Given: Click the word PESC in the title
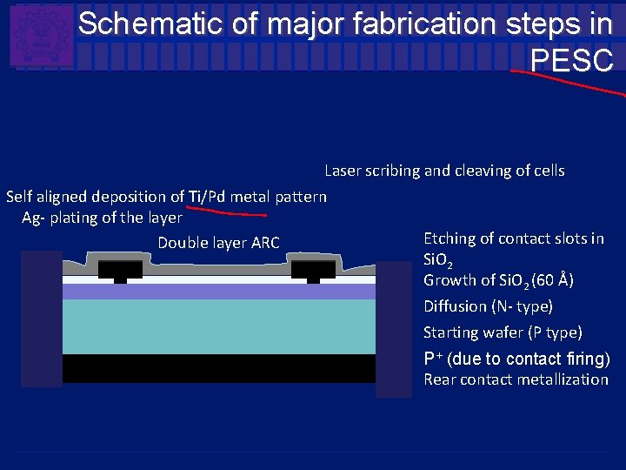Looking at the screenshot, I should click(571, 61).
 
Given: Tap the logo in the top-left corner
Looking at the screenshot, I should click(41, 36).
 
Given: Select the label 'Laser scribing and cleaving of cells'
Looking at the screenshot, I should click(444, 171).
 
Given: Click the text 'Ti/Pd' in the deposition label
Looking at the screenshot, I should click(207, 197).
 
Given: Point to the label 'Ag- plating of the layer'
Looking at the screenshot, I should click(102, 218).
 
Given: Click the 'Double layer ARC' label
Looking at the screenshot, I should click(218, 243).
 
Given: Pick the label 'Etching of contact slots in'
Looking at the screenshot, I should click(513, 238).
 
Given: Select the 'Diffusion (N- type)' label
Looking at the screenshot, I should click(488, 306).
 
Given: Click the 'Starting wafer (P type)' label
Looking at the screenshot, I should click(503, 332).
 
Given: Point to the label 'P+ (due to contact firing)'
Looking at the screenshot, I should click(516, 359).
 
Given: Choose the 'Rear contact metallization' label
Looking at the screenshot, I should click(516, 379).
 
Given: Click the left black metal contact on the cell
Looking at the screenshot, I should click(120, 270).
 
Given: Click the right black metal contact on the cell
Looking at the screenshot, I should click(313, 270).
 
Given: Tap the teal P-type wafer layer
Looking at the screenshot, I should click(218, 326).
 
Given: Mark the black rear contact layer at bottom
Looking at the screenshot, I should click(218, 367).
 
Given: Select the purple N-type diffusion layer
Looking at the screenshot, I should click(218, 292).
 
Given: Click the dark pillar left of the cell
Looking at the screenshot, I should click(41, 318).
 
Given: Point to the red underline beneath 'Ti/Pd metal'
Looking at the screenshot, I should click(228, 211).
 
